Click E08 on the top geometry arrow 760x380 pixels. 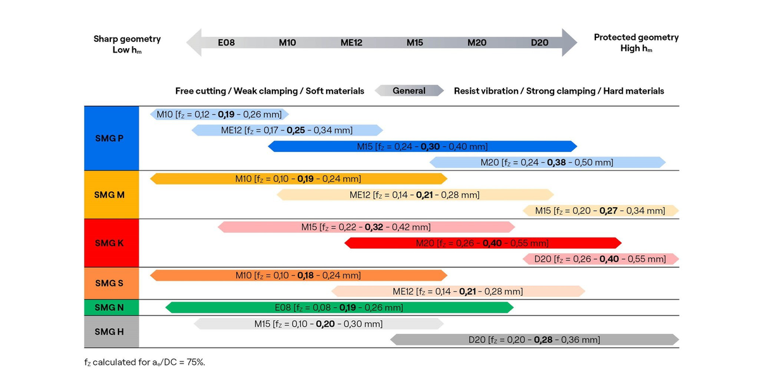click(x=226, y=42)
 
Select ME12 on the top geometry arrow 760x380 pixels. click(x=351, y=42)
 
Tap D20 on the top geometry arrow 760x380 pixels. click(x=540, y=42)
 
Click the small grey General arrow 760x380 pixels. click(x=409, y=91)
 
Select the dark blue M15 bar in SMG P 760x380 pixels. click(x=422, y=146)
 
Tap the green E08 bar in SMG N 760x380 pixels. click(x=339, y=307)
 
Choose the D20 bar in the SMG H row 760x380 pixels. click(x=534, y=339)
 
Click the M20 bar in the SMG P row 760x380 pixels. click(x=547, y=162)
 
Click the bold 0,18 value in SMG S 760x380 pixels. click(x=307, y=275)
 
